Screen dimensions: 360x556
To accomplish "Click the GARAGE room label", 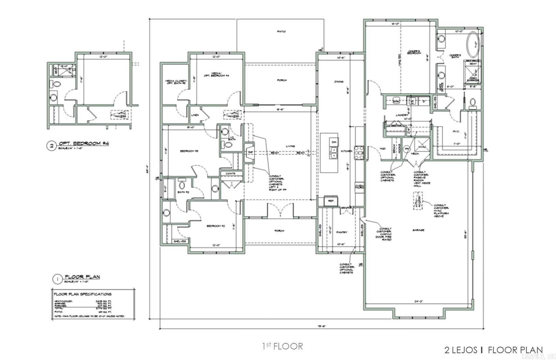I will tap(418, 230).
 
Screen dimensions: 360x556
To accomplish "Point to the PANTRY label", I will tap(342, 232).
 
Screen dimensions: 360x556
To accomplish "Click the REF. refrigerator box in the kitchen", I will tap(330, 201).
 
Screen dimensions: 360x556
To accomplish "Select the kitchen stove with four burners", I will tap(359, 153).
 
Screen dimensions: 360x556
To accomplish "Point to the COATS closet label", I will tap(231, 174).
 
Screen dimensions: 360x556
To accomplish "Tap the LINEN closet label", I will tap(195, 115).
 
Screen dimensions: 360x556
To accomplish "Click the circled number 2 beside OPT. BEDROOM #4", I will tap(51, 146).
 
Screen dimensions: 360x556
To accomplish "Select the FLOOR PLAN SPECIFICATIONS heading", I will tap(82, 294).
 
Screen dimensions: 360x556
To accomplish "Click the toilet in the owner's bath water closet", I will tap(473, 102).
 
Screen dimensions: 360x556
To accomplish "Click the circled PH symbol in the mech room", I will tap(406, 149).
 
